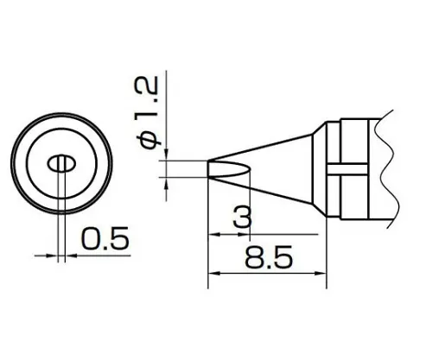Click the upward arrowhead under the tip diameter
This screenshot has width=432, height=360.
(164, 180)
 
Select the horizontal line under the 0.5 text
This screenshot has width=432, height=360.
(99, 255)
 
